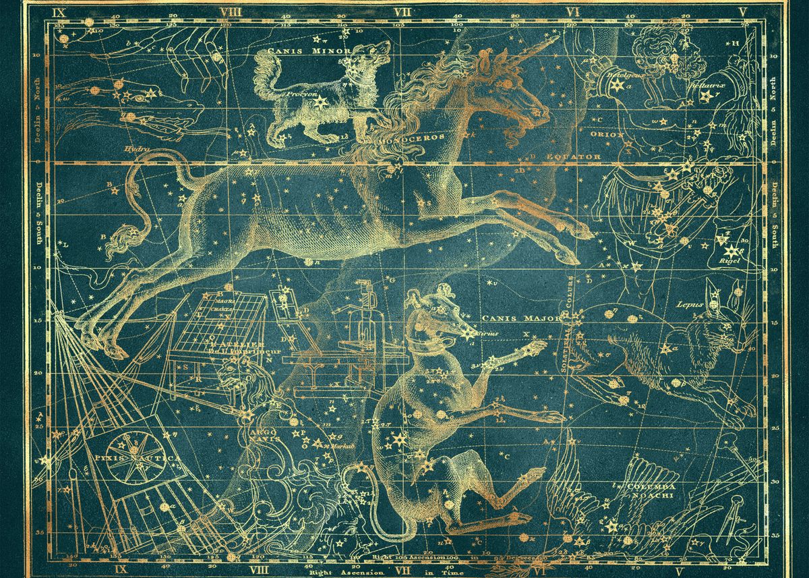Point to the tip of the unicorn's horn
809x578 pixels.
pyautogui.click(x=558, y=37)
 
